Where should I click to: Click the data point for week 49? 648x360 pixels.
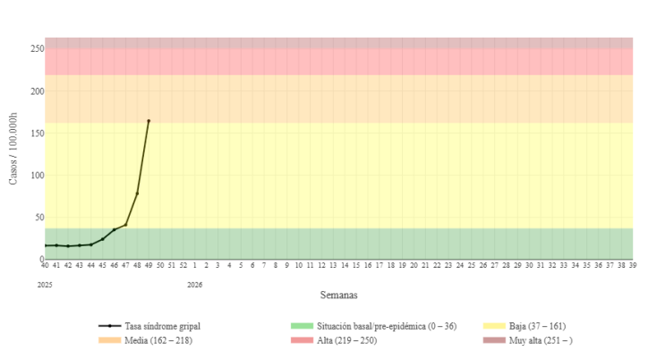(149, 121)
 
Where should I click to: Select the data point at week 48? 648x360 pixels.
(137, 193)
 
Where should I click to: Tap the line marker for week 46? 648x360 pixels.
(114, 230)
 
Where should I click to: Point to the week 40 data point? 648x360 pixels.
(45, 245)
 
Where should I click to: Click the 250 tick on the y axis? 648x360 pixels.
(37, 48)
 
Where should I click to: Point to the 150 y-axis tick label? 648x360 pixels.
(37, 133)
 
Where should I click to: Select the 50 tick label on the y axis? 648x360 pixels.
(38, 217)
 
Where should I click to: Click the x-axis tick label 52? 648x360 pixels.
(183, 265)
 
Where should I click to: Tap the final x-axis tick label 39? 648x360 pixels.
(632, 265)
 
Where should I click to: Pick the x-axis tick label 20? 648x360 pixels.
(414, 265)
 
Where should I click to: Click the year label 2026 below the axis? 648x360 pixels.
(194, 285)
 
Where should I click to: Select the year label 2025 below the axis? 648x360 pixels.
(45, 285)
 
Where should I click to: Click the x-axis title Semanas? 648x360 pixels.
(339, 295)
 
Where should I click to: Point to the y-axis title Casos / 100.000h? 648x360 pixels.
(13, 149)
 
